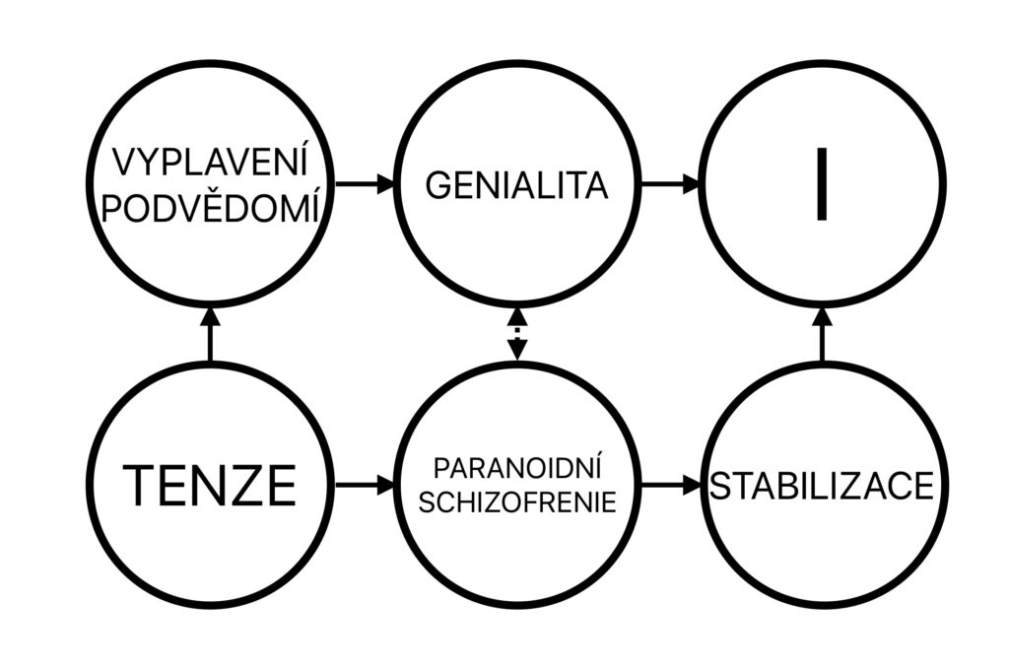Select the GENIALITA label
coord(516,185)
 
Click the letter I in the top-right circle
coord(822,184)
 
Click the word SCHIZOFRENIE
coord(517,502)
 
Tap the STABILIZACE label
coord(822,486)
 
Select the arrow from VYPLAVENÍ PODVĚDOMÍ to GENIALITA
coord(365,184)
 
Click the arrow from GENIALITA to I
coord(670,184)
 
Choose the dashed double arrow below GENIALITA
coord(517,334)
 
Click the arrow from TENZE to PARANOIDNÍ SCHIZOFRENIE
coord(365,484)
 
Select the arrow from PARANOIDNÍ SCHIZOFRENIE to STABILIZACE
coord(670,484)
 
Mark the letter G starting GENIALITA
coord(438,186)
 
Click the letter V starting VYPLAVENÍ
coord(125,163)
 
